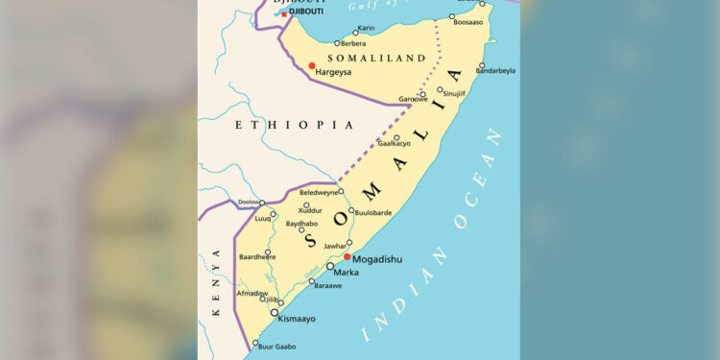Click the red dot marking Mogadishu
[347, 257]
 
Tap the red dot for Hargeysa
[312, 66]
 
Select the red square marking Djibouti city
[284, 14]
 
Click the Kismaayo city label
[297, 318]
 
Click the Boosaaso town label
[468, 21]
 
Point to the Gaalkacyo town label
[394, 143]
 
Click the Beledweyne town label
[319, 192]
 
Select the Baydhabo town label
[301, 223]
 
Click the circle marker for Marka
[329, 266]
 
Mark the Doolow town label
[248, 203]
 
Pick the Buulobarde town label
[372, 212]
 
